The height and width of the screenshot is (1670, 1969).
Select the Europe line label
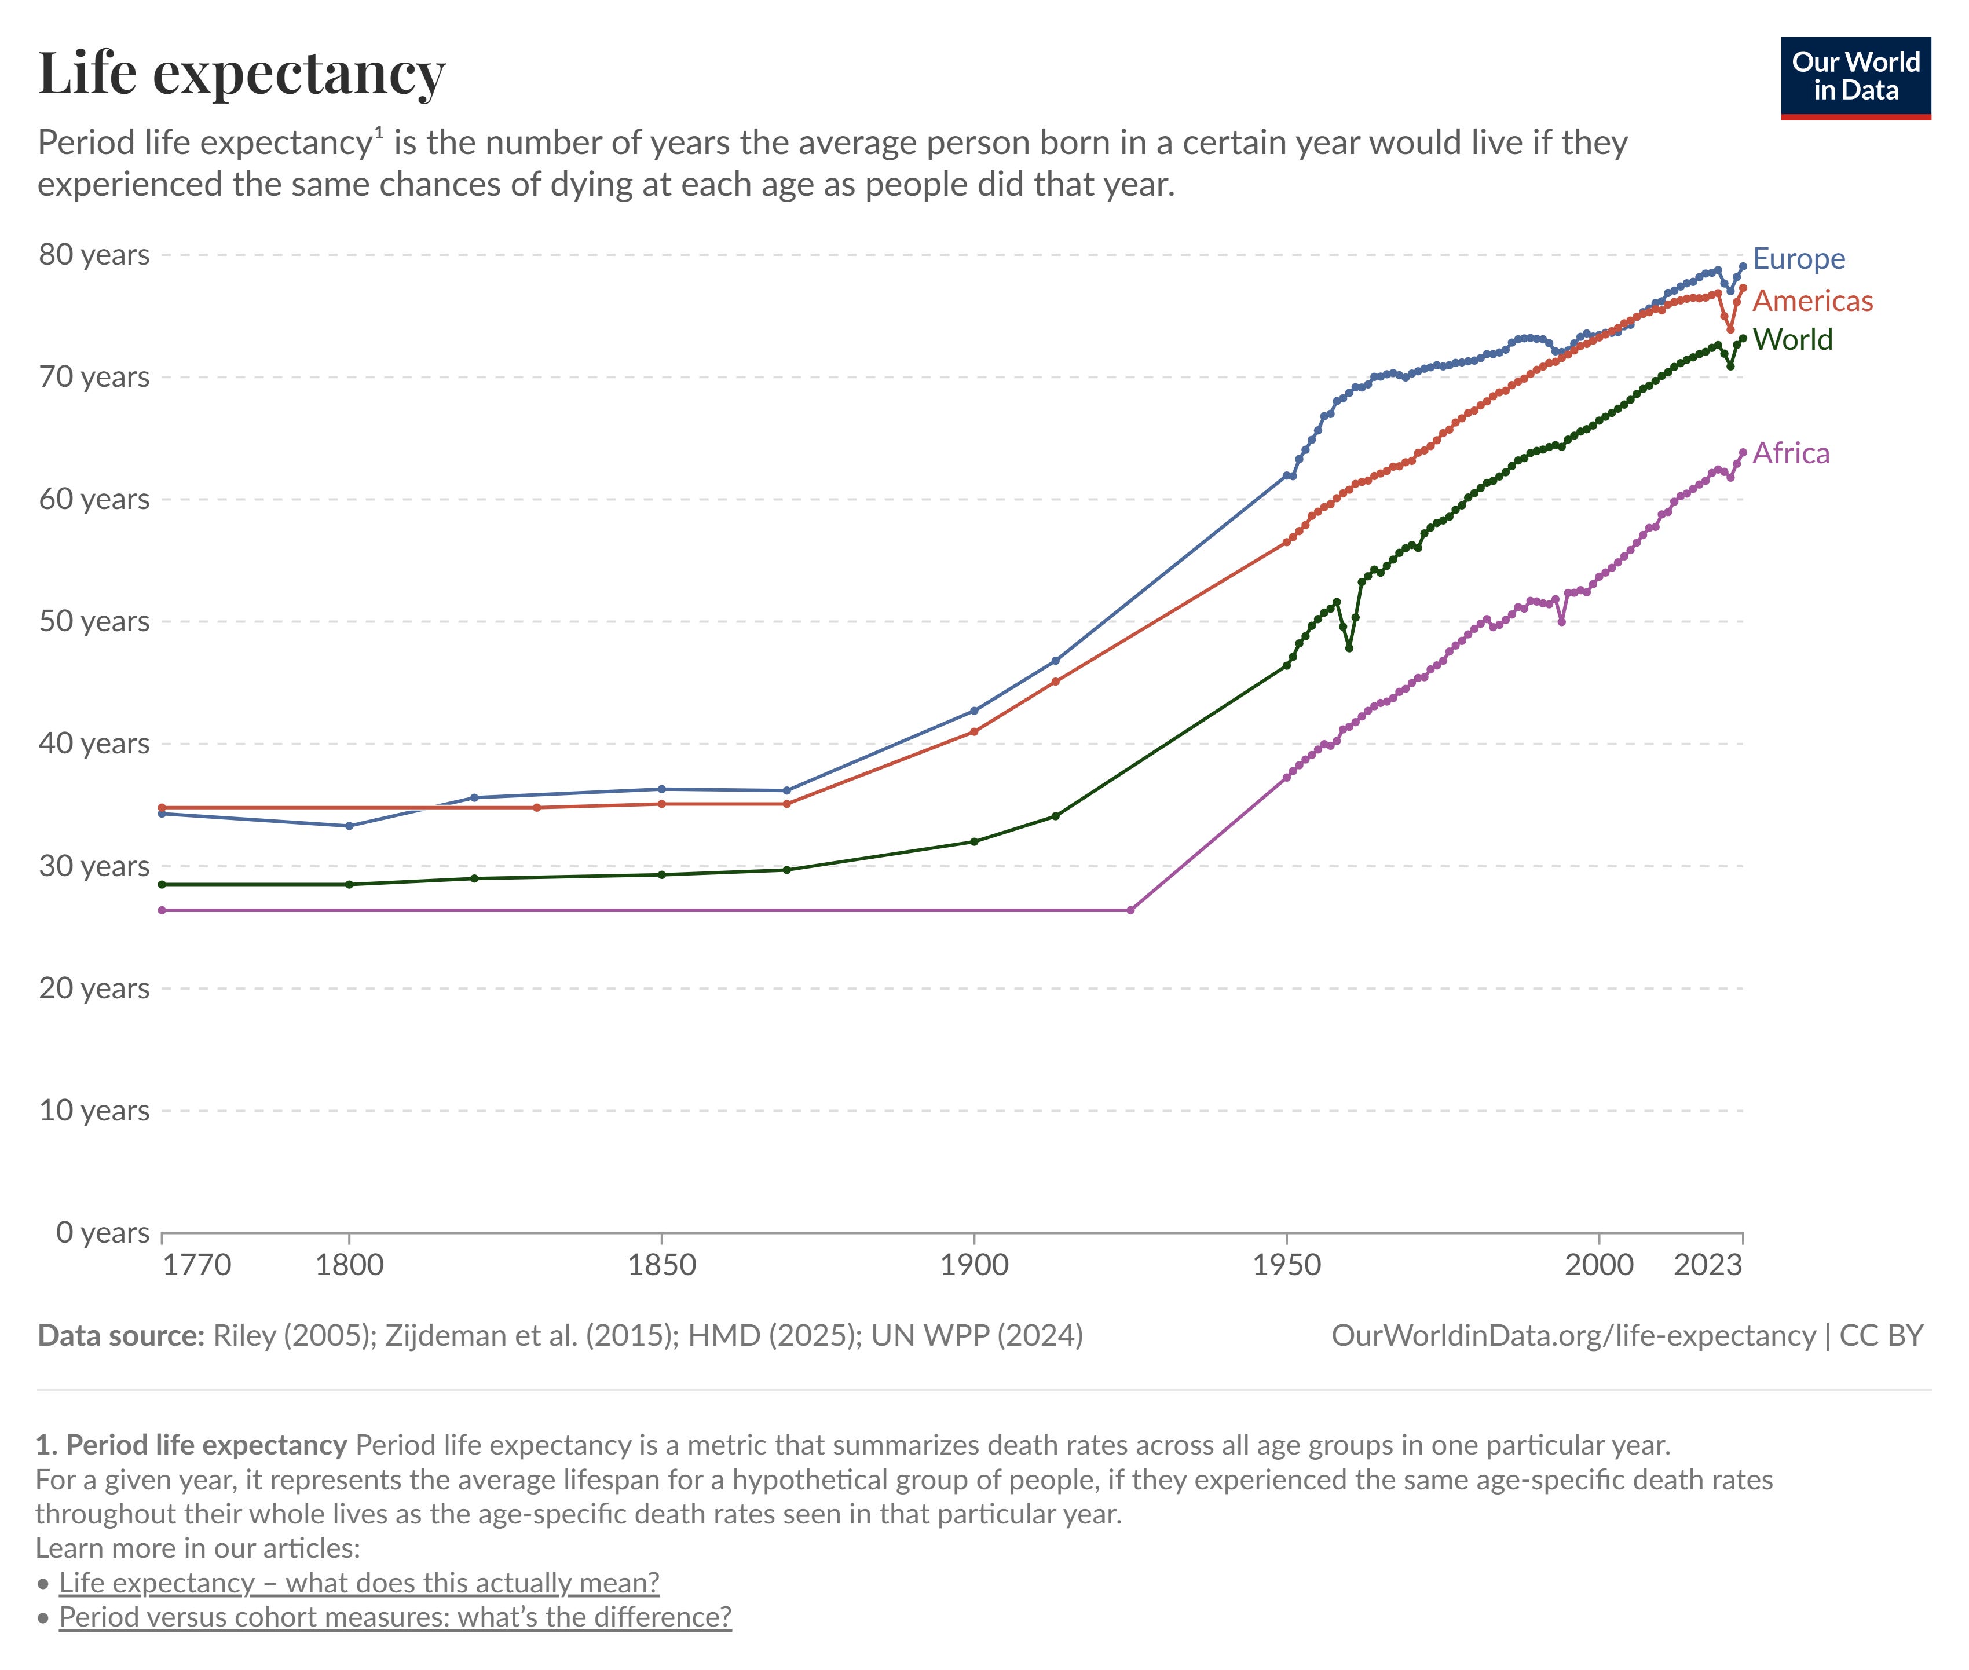coord(1799,258)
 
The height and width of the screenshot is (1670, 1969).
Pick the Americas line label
coord(1813,301)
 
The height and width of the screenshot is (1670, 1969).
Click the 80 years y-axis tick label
coord(94,255)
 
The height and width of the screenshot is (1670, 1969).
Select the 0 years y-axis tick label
coord(103,1233)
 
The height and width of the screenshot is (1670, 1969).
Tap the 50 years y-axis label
coord(94,621)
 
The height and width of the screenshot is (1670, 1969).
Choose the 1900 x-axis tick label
coord(974,1265)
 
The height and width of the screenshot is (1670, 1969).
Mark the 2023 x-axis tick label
coord(1708,1265)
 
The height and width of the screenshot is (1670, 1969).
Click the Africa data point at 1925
coord(1130,910)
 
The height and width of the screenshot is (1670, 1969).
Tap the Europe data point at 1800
coord(349,826)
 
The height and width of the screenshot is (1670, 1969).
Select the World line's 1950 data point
coord(1286,665)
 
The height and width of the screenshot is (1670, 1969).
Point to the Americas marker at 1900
coord(974,731)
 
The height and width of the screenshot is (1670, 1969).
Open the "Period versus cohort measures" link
coord(396,1616)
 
